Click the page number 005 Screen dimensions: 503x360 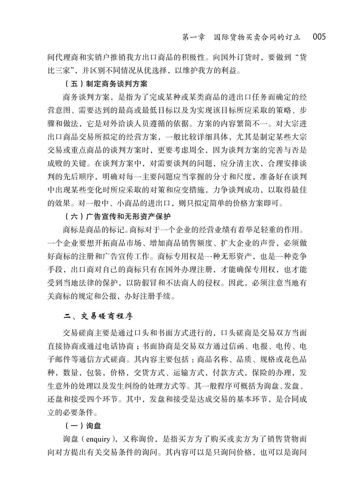(318, 36)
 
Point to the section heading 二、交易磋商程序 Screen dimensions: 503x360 (97, 315)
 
